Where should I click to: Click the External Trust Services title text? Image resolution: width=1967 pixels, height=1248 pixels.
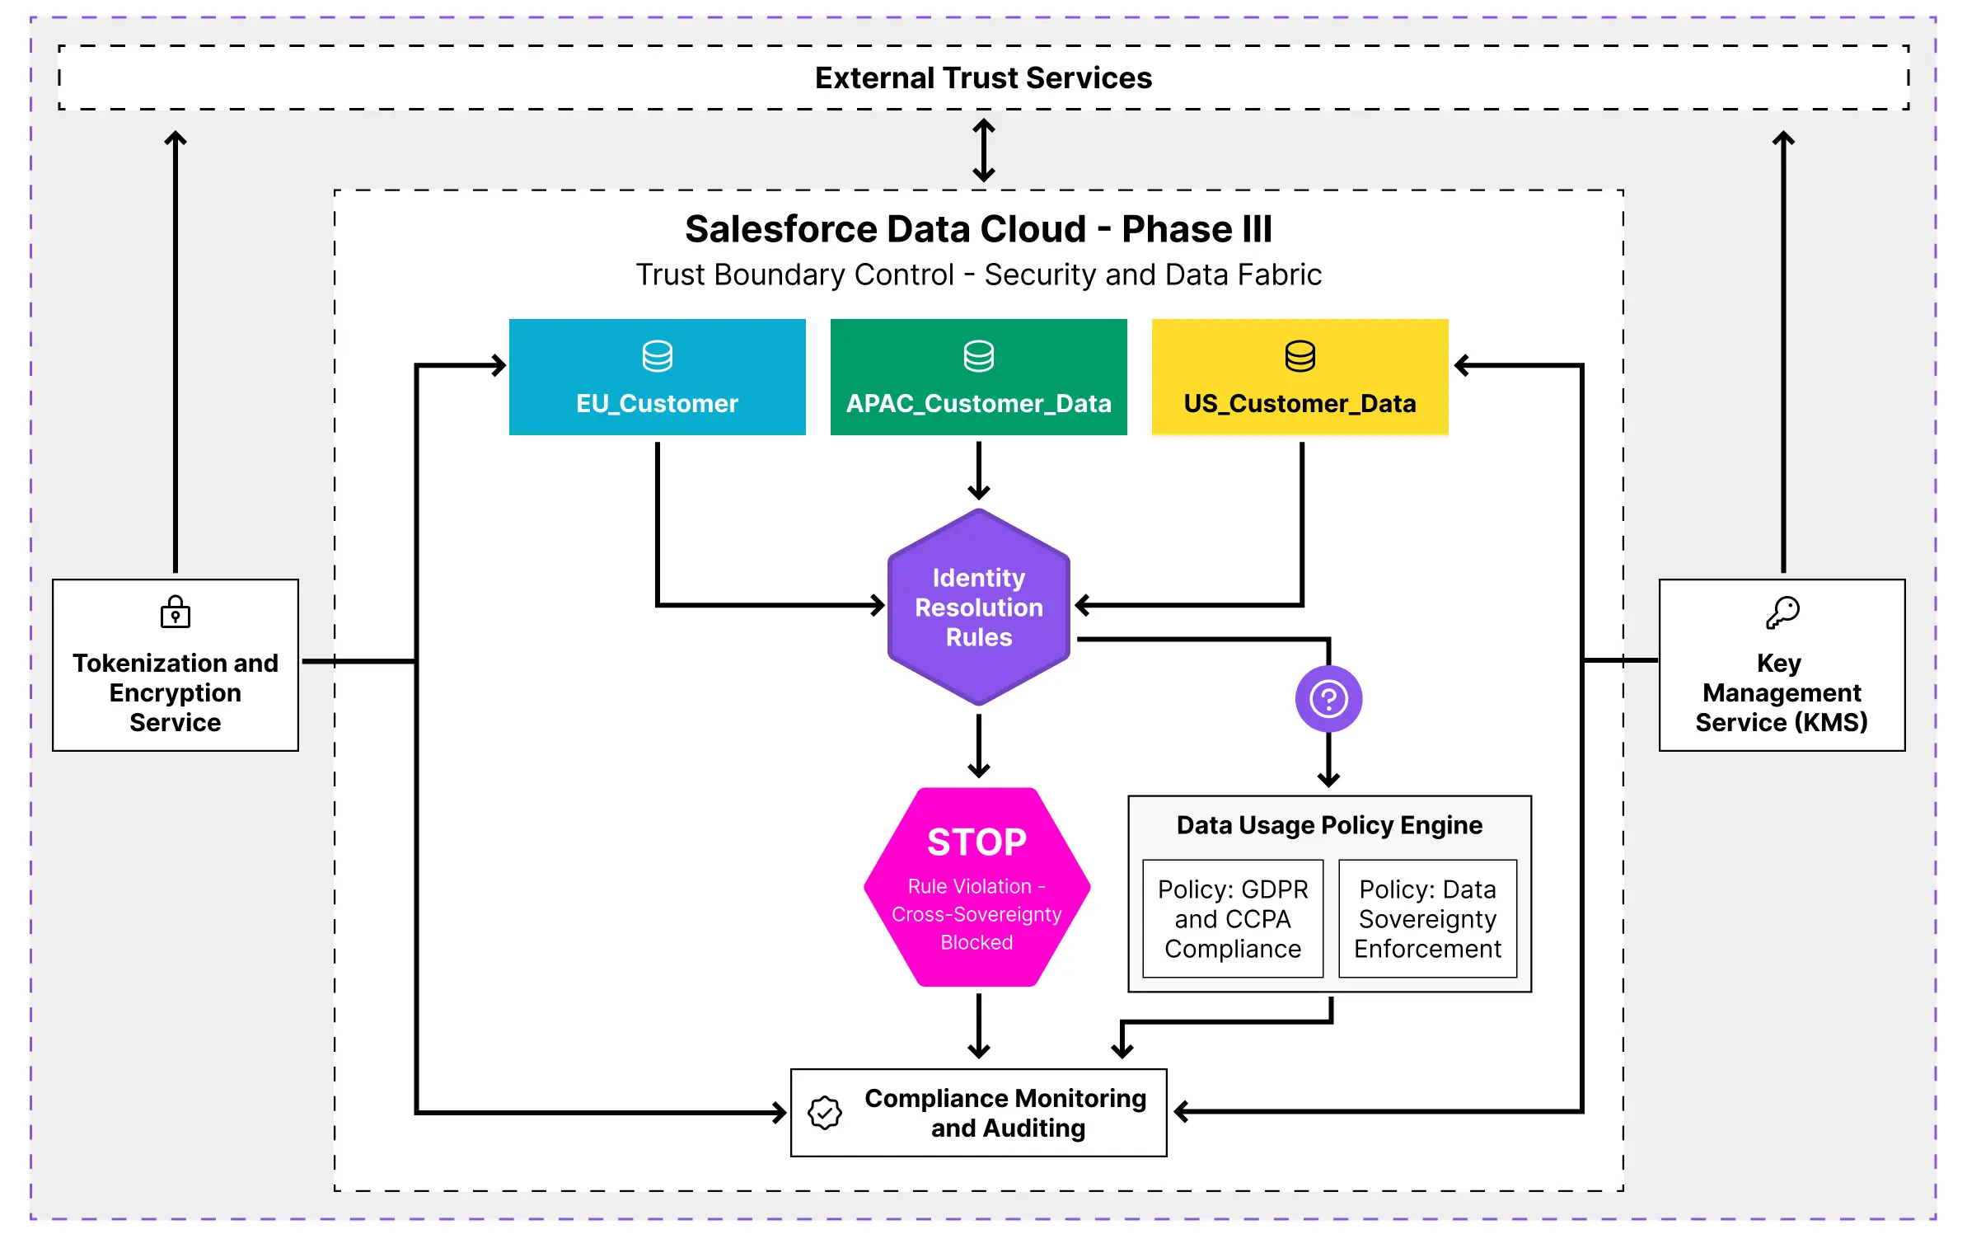tap(982, 78)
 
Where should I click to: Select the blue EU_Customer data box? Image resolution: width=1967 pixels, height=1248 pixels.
tap(657, 378)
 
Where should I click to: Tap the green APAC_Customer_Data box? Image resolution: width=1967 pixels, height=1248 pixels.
tap(978, 378)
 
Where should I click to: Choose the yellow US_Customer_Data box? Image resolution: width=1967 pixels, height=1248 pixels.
tap(1300, 378)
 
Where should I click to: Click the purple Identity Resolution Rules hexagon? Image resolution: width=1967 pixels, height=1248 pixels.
tap(978, 608)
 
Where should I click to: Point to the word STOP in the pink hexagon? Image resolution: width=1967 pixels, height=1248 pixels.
tap(976, 842)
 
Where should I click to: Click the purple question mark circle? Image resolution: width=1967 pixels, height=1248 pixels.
tap(1328, 699)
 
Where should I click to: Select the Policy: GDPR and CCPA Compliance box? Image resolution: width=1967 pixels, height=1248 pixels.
tap(1233, 919)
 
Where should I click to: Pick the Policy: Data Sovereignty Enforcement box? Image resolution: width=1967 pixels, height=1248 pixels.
tap(1427, 919)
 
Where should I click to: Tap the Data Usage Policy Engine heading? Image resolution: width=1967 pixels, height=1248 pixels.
tap(1329, 825)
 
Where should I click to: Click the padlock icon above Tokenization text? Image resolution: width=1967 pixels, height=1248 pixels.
tap(175, 612)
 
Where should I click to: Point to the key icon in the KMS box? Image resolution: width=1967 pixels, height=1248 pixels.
tap(1782, 612)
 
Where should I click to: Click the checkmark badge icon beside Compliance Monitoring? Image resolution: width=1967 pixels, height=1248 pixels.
tap(824, 1113)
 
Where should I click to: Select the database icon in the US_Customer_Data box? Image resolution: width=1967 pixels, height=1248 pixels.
tap(1300, 356)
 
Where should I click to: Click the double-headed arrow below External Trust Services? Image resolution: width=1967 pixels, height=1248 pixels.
tap(983, 150)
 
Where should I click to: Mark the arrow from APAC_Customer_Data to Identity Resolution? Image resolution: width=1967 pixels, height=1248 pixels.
tap(978, 471)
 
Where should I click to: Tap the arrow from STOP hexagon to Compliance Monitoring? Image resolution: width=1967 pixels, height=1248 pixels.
tap(978, 1025)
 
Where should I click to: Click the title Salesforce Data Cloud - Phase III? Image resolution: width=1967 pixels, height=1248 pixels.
tap(978, 229)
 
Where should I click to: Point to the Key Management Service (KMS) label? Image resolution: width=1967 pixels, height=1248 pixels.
tap(1782, 693)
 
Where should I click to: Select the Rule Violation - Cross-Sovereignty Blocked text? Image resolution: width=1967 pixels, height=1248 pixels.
tap(976, 914)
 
